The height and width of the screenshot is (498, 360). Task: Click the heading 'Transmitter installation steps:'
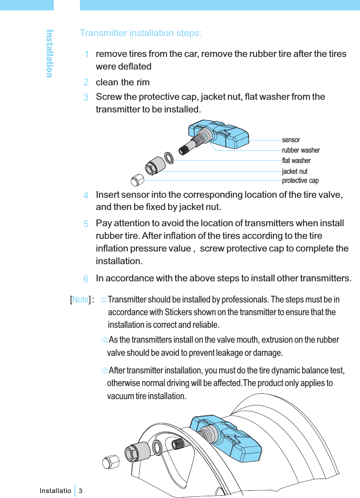(140, 33)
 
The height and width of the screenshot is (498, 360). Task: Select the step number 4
(85, 196)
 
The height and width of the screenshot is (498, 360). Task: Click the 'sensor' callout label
(291, 140)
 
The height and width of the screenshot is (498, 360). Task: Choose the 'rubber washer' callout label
(301, 150)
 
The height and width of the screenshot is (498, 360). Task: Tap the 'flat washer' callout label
(296, 160)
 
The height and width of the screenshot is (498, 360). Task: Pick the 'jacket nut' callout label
(295, 171)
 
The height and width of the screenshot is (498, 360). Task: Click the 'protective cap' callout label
(300, 181)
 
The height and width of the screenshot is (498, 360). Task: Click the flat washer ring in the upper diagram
(169, 158)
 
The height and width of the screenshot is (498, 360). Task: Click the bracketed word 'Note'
(80, 299)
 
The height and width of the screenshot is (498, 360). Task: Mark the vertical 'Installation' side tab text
(50, 53)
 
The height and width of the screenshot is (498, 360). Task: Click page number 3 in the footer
(81, 490)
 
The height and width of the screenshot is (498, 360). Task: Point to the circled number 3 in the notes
(104, 371)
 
